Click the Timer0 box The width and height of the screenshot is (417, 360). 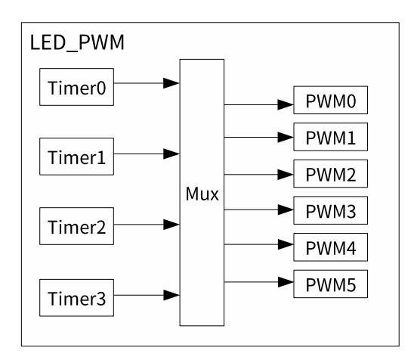[x=76, y=87]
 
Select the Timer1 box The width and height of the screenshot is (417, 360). [x=76, y=157]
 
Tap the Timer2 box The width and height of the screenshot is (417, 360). [x=76, y=226]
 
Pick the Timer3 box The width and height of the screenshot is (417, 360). [x=76, y=298]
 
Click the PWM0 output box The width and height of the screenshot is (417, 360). [x=331, y=100]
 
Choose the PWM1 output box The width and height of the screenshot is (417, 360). [x=331, y=137]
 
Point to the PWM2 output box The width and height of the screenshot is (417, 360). [x=331, y=174]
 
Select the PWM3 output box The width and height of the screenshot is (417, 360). [x=331, y=210]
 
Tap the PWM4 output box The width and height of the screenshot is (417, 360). [x=331, y=247]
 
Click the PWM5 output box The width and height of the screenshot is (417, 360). [x=331, y=284]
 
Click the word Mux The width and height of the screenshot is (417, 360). [x=202, y=194]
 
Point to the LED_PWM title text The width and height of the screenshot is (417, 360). [x=77, y=42]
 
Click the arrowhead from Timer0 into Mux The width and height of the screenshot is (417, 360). [x=171, y=83]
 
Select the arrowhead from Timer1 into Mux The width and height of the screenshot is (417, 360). [x=171, y=154]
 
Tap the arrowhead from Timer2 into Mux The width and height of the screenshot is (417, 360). [x=171, y=225]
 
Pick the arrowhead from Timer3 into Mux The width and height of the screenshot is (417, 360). [x=171, y=295]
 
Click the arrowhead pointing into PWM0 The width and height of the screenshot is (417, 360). [x=286, y=104]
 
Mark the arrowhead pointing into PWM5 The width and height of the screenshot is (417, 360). [x=286, y=282]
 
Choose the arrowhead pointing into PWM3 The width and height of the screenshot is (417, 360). [x=286, y=209]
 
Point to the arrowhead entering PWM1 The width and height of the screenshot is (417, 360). [x=286, y=138]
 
